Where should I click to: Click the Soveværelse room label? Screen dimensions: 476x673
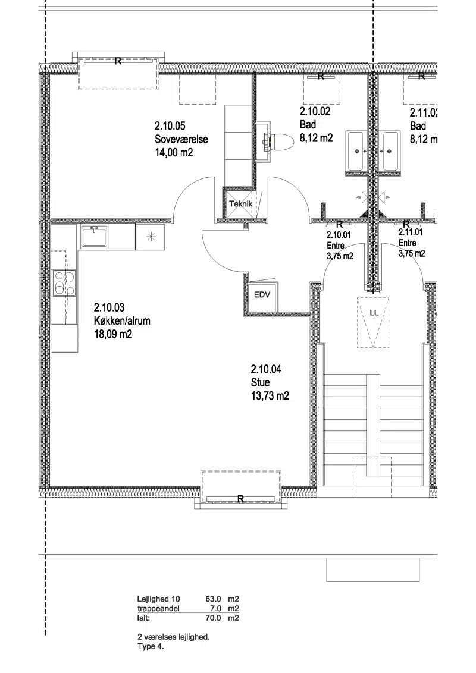pyautogui.click(x=181, y=140)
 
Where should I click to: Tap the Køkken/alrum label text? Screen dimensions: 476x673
pyautogui.click(x=123, y=320)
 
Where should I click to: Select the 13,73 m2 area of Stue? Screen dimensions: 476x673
pyautogui.click(x=270, y=395)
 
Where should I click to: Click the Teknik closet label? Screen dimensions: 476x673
pyautogui.click(x=240, y=204)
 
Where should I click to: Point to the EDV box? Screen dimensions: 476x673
pyautogui.click(x=262, y=295)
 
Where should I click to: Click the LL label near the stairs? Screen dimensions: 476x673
pyautogui.click(x=374, y=313)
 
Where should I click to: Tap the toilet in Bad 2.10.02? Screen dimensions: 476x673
pyautogui.click(x=275, y=141)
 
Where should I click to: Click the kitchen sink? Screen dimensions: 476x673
pyautogui.click(x=95, y=237)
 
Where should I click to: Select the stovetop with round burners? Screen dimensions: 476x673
pyautogui.click(x=64, y=283)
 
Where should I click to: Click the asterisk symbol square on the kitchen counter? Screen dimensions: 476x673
pyautogui.click(x=150, y=237)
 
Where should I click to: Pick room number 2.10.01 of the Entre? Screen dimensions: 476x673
pyautogui.click(x=339, y=235)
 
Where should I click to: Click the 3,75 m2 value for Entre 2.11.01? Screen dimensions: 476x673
pyautogui.click(x=412, y=254)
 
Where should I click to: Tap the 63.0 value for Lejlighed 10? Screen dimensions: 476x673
pyautogui.click(x=214, y=599)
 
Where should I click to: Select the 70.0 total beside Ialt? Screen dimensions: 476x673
pyautogui.click(x=214, y=618)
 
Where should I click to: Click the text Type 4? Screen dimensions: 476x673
pyautogui.click(x=151, y=647)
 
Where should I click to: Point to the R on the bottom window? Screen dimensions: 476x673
pyautogui.click(x=240, y=499)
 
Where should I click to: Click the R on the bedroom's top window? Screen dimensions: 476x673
pyautogui.click(x=118, y=61)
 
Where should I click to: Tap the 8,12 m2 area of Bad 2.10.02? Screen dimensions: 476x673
pyautogui.click(x=316, y=138)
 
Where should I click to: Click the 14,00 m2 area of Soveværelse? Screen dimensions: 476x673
pyautogui.click(x=174, y=152)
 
